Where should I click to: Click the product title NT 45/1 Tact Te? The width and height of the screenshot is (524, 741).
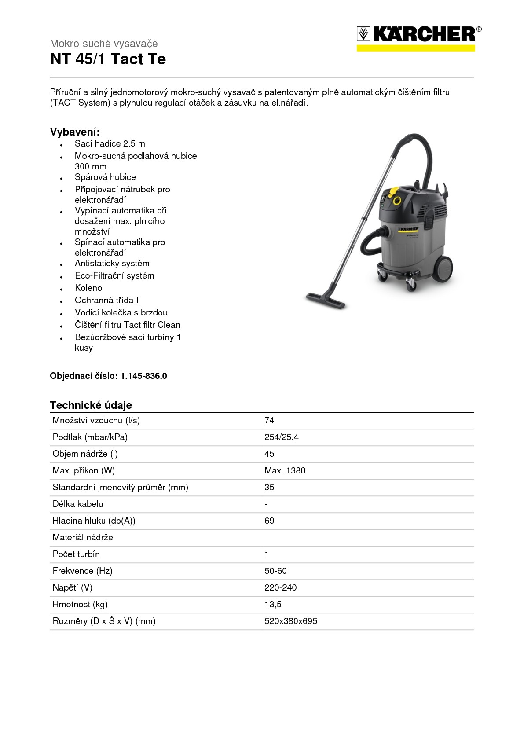pyautogui.click(x=108, y=59)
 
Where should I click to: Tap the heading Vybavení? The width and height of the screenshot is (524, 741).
pyautogui.click(x=75, y=132)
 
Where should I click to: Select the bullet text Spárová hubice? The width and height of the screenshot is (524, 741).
pyautogui.click(x=105, y=177)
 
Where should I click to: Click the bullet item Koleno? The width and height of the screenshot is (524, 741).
pyautogui.click(x=88, y=288)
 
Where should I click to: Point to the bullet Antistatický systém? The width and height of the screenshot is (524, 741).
pyautogui.click(x=112, y=263)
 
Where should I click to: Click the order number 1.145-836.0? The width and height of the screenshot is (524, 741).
pyautogui.click(x=143, y=376)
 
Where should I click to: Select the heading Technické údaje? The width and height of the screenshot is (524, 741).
pyautogui.click(x=91, y=405)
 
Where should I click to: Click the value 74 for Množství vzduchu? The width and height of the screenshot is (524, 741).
pyautogui.click(x=269, y=420)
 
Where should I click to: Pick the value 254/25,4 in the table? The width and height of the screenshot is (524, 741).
pyautogui.click(x=281, y=437)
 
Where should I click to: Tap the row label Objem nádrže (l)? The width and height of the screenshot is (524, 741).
pyautogui.click(x=85, y=454)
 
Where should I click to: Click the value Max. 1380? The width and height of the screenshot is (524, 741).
pyautogui.click(x=285, y=470)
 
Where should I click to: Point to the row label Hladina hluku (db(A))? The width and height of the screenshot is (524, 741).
pyautogui.click(x=94, y=521)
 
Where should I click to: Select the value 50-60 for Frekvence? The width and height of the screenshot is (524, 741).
pyautogui.click(x=275, y=571)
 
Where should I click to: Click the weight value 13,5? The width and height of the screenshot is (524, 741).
pyautogui.click(x=273, y=604)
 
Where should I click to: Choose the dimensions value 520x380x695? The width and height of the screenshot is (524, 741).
pyautogui.click(x=290, y=621)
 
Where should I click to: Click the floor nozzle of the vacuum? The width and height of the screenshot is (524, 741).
pyautogui.click(x=326, y=300)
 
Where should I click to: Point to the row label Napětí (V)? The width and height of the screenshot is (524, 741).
pyautogui.click(x=72, y=587)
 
